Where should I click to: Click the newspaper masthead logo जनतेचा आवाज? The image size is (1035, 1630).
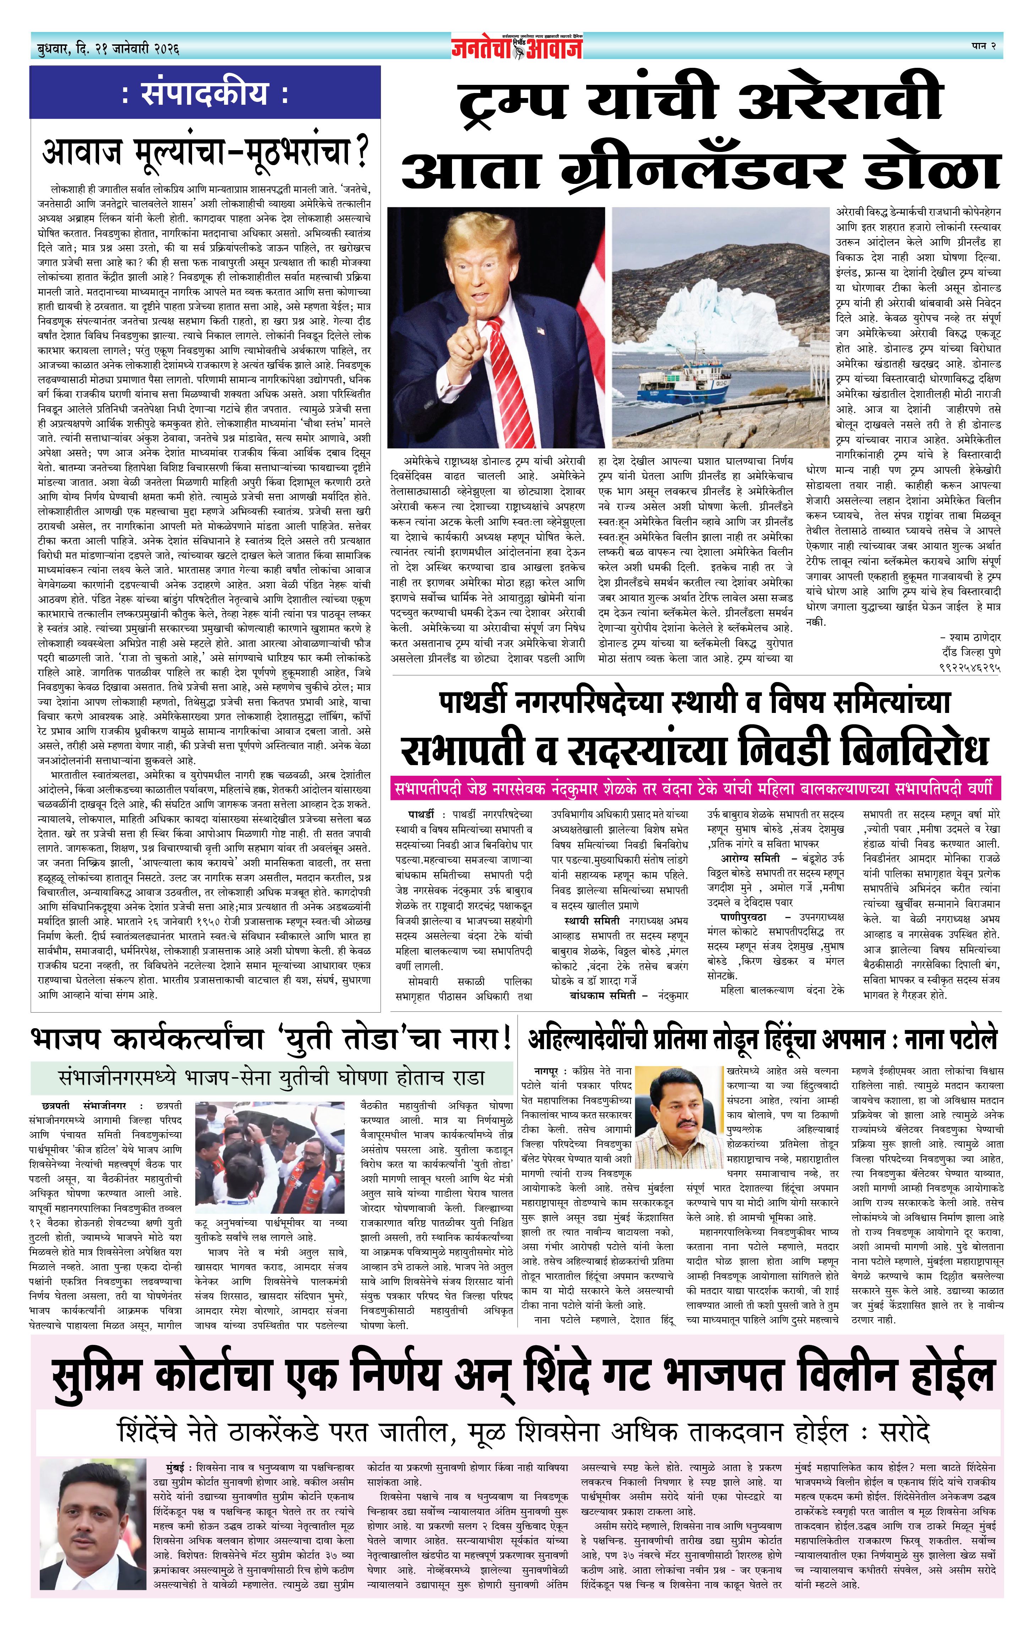tap(517, 47)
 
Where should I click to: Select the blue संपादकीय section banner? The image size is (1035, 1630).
tap(205, 93)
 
